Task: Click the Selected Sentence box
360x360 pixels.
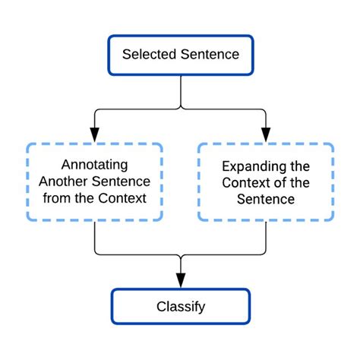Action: (180, 54)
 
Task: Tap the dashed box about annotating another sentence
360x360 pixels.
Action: (94, 182)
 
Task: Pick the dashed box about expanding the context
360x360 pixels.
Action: (266, 182)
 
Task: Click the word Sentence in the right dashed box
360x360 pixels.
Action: (266, 200)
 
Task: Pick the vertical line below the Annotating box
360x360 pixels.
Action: (94, 237)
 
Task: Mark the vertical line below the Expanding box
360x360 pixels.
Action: (266, 237)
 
